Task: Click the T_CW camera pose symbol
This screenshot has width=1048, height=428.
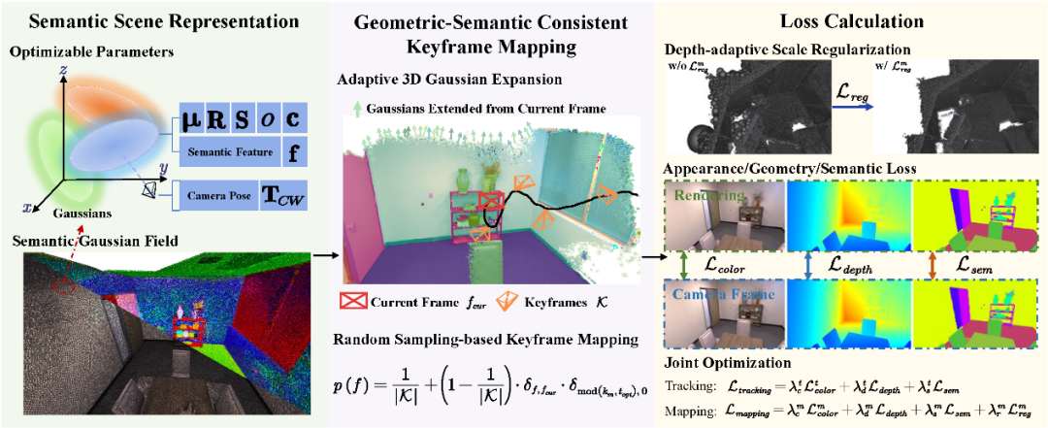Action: [284, 196]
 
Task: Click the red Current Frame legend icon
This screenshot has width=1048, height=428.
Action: [354, 301]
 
